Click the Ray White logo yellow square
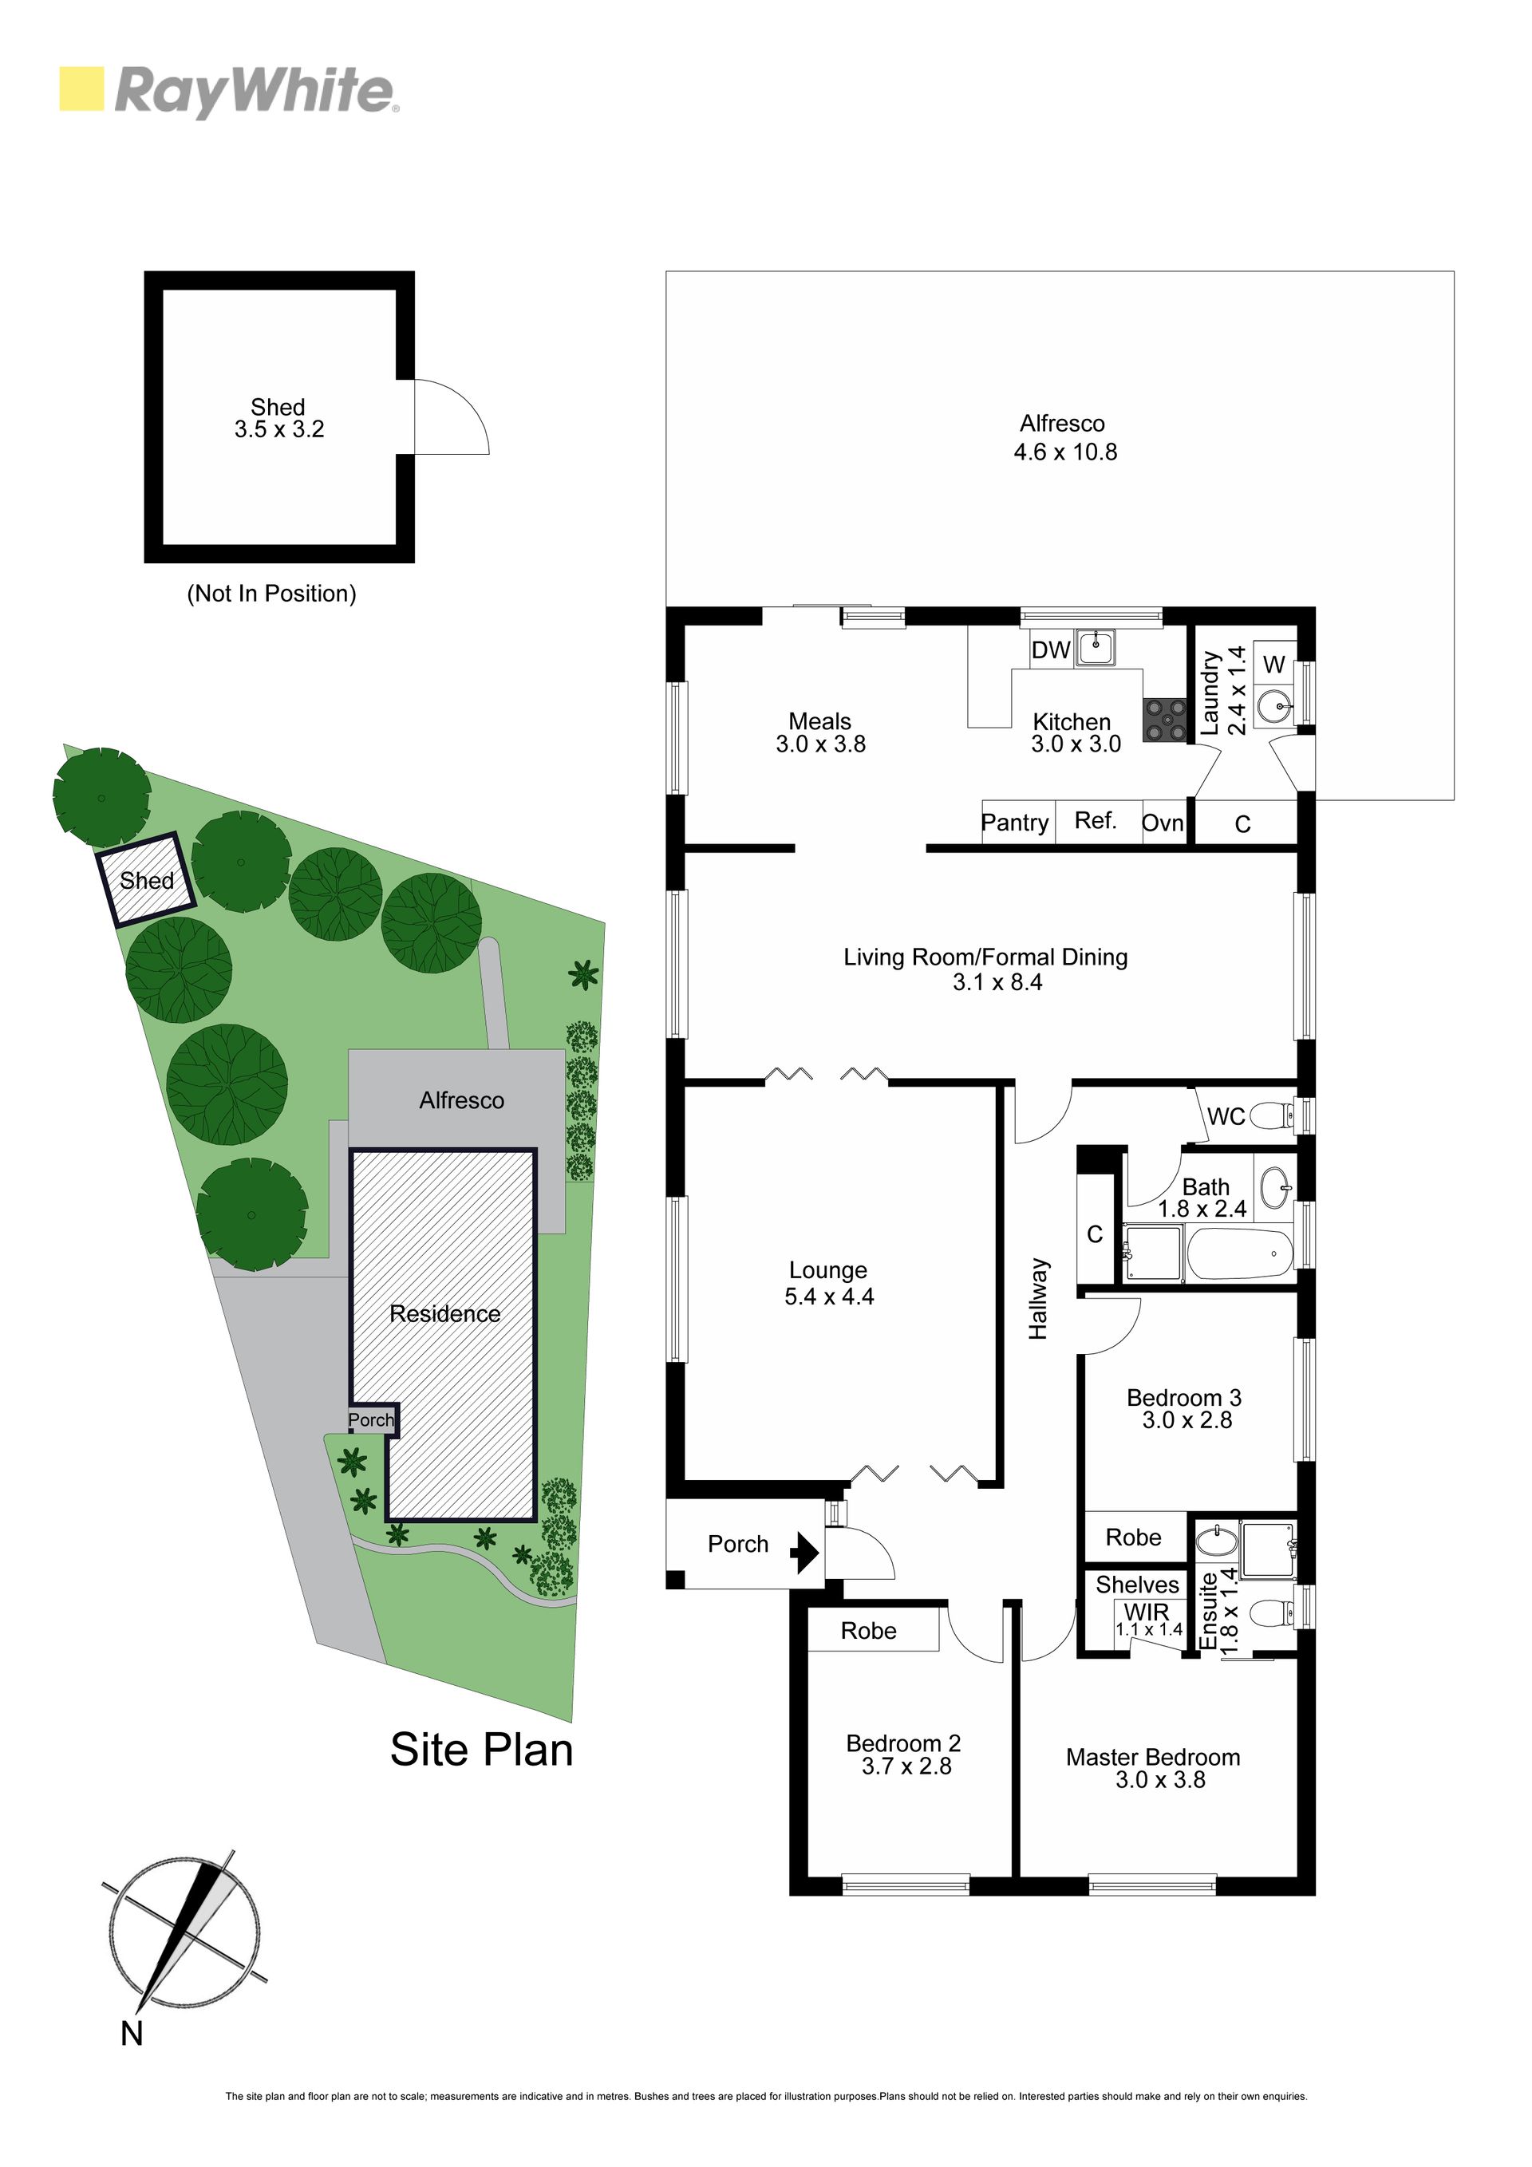click(81, 89)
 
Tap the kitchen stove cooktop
click(1165, 719)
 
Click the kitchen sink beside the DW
click(1095, 649)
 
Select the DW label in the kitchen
click(1051, 649)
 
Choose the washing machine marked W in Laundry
click(1274, 664)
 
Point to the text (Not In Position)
click(272, 594)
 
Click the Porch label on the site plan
click(371, 1419)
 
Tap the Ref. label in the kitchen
click(1096, 820)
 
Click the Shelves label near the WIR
click(1138, 1585)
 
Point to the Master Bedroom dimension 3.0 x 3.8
click(1160, 1779)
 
